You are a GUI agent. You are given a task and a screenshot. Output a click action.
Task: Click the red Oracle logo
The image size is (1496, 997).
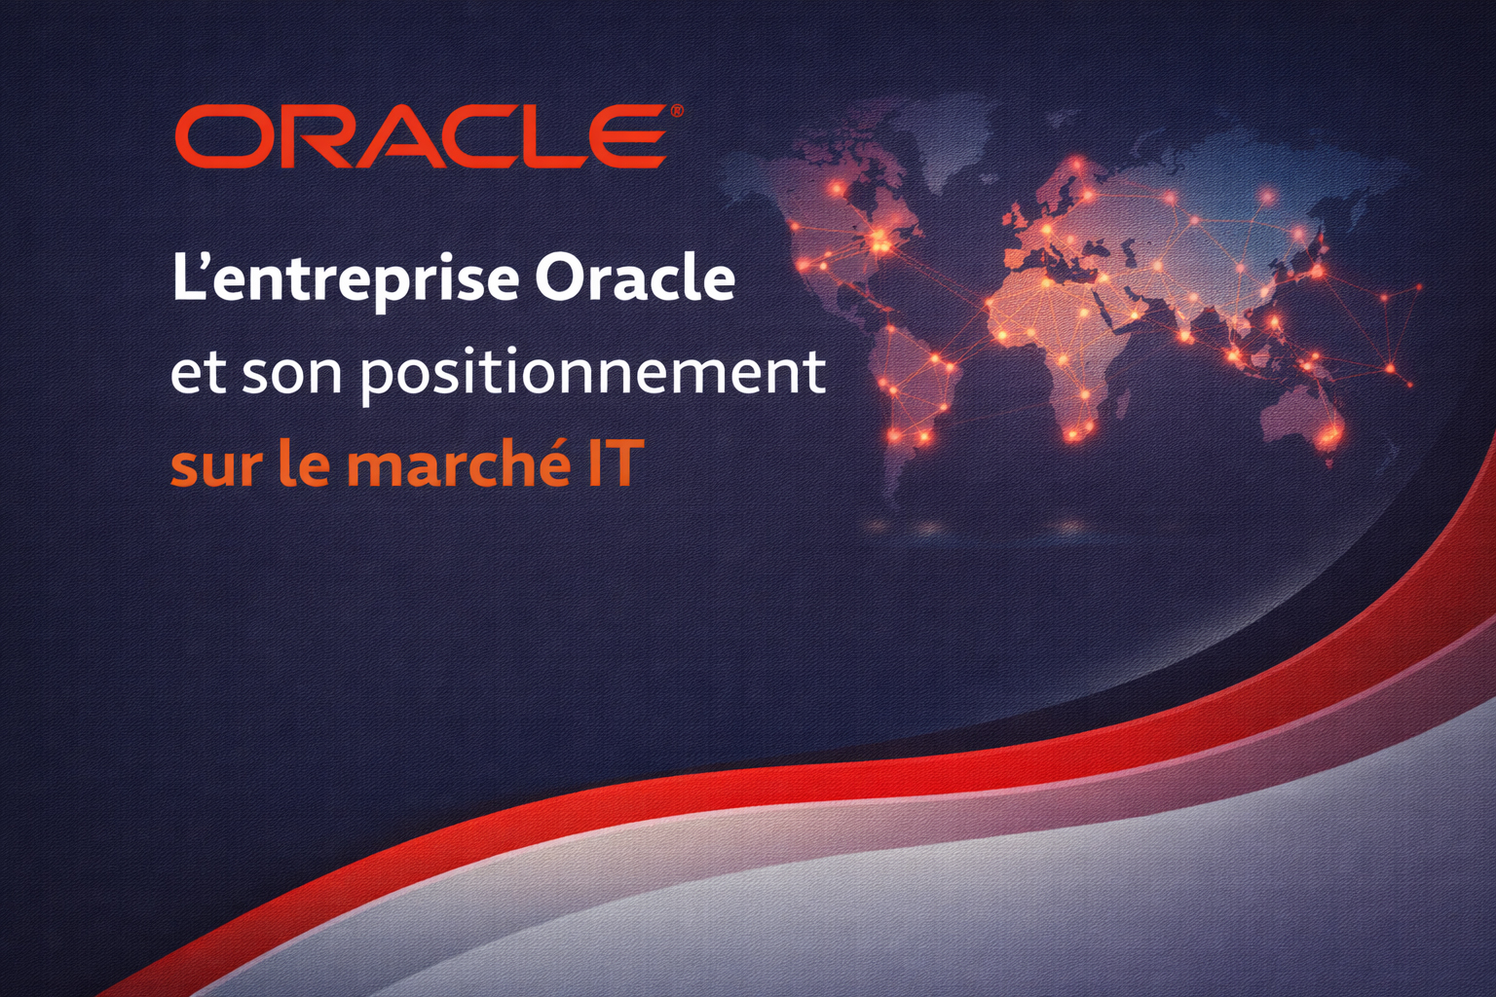(421, 136)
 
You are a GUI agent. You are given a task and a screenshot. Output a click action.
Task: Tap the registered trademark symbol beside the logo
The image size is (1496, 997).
(676, 112)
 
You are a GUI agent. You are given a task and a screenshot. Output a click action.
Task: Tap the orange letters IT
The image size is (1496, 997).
(612, 463)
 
